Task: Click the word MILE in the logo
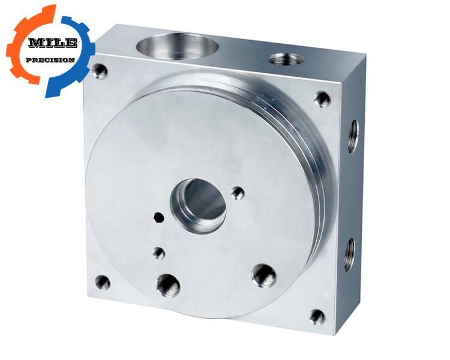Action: coord(53,43)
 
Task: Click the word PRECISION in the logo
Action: coord(50,60)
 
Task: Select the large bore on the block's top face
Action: coord(178,46)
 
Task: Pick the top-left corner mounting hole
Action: coord(100,71)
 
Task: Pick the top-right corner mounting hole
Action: coord(323,99)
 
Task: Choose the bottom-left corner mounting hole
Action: coord(103,282)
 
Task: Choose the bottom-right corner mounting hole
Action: coord(317,317)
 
